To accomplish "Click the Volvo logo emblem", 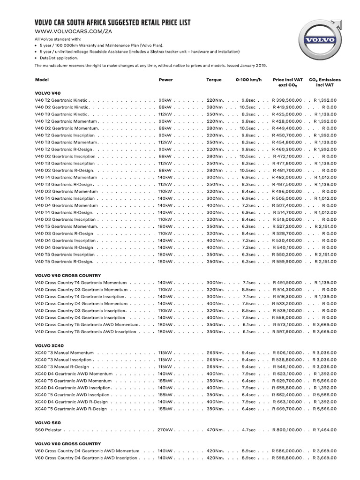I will pyautogui.click(x=320, y=39).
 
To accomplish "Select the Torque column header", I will pyautogui.click(x=214, y=80).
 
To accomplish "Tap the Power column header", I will pyautogui.click(x=165, y=80).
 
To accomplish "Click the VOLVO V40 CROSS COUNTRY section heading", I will pyautogui.click(x=68, y=275).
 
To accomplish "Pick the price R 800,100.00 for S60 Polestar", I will pyautogui.click(x=286, y=429).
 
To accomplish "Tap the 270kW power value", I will pyautogui.click(x=165, y=429).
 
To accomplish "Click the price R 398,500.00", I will pyautogui.click(x=286, y=100).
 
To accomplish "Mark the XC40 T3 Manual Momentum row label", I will pyautogui.click(x=63, y=352).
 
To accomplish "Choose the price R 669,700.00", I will pyautogui.click(x=286, y=409).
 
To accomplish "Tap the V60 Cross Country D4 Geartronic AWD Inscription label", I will pyautogui.click(x=86, y=458).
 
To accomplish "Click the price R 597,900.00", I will pyautogui.click(x=286, y=332).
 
